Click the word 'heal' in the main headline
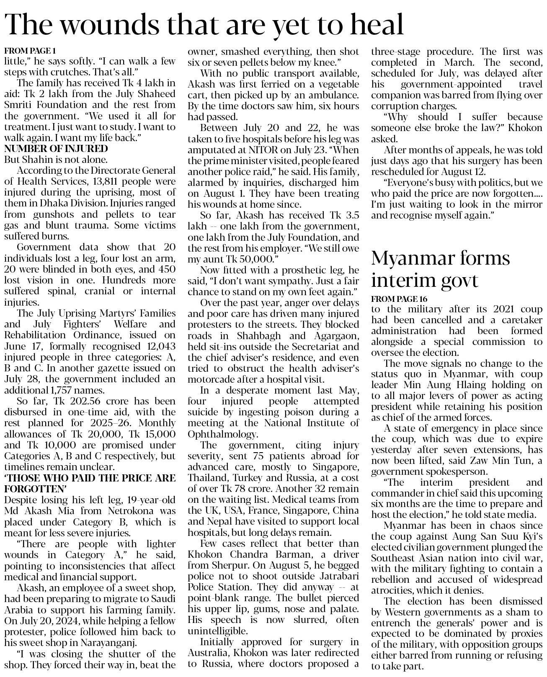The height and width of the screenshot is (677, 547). pos(376,24)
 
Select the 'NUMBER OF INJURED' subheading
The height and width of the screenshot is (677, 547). pos(56,149)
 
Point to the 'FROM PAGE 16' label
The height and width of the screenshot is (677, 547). pos(399,299)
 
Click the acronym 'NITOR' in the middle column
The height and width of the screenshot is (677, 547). pos(252,149)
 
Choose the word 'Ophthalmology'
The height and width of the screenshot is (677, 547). pos(222,434)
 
